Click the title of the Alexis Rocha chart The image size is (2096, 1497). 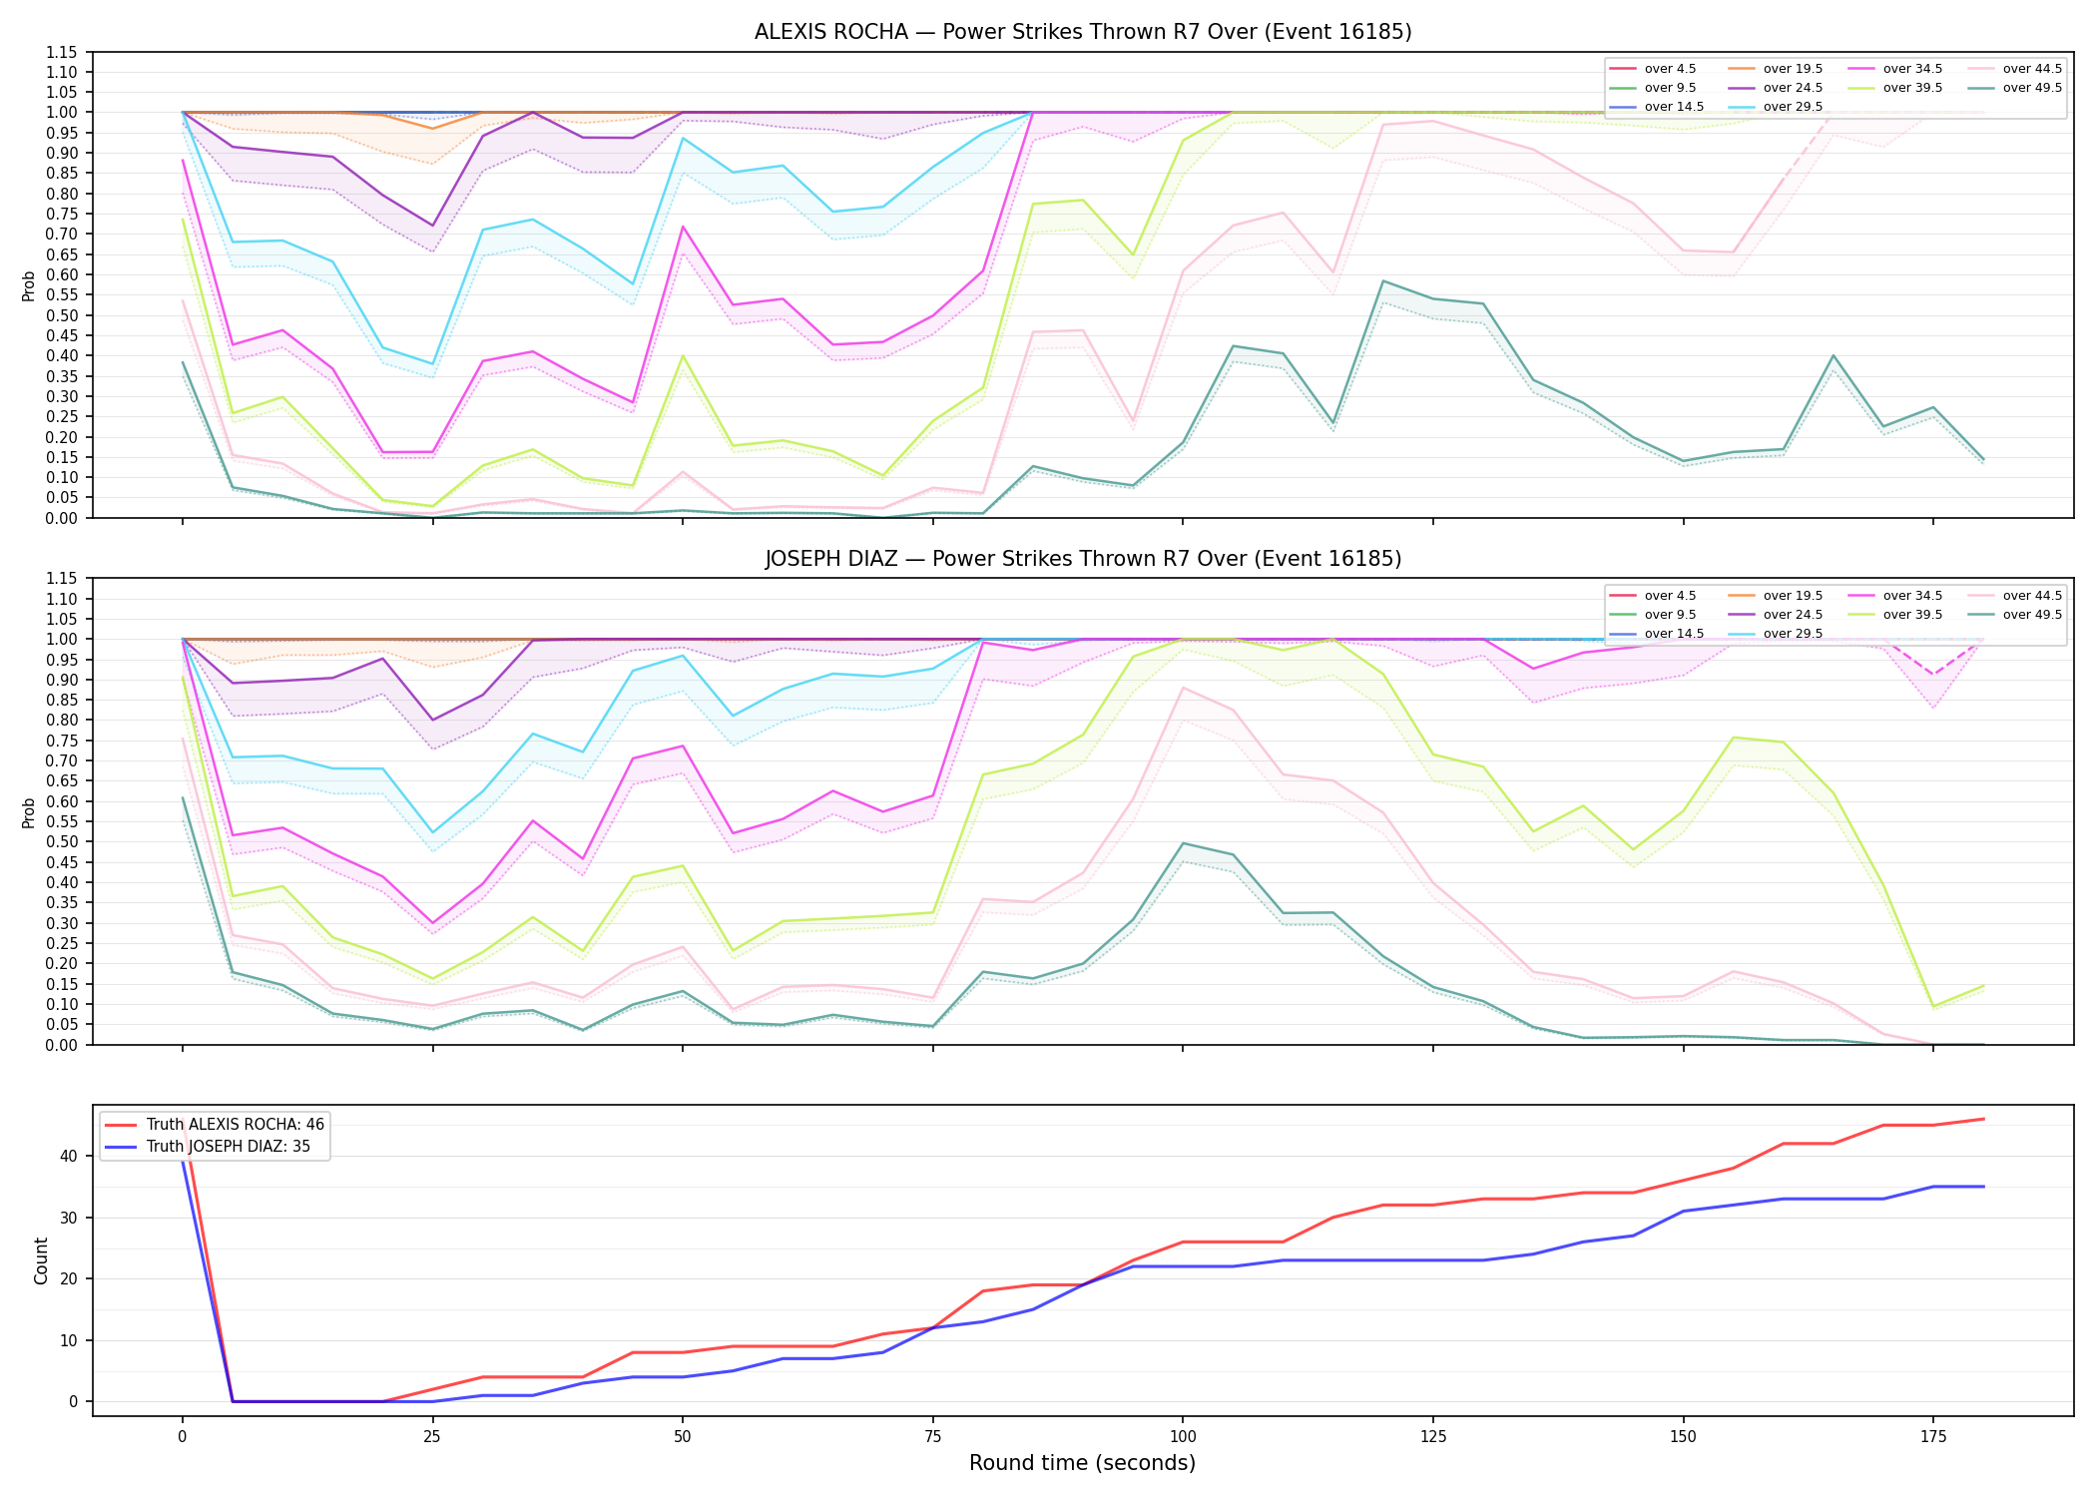1083,32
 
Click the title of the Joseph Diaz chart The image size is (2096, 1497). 1083,559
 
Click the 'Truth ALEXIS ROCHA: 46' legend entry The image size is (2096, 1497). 215,1125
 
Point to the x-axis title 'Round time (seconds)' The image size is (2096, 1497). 1083,1463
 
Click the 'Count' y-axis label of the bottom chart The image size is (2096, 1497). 41,1260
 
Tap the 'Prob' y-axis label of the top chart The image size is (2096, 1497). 29,286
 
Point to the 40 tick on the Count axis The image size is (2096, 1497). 70,1157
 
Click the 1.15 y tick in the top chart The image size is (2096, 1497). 62,52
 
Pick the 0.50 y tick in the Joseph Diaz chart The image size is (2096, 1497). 62,842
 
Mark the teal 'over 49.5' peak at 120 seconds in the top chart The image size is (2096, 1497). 1383,281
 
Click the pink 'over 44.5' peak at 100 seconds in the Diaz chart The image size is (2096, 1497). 1183,688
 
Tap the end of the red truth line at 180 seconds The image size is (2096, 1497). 1984,1119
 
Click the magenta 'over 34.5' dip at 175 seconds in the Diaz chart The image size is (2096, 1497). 1934,675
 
